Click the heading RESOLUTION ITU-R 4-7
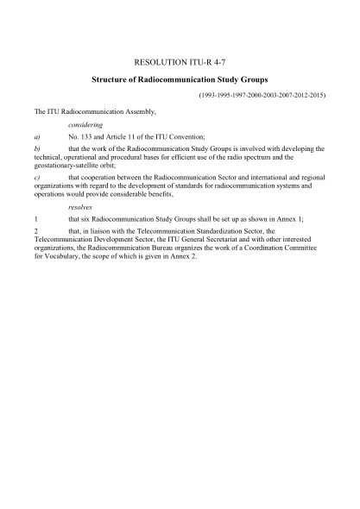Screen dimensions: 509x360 coord(180,63)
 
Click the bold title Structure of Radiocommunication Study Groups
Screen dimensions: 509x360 coord(180,80)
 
